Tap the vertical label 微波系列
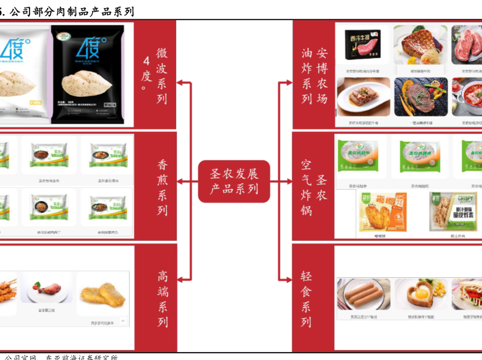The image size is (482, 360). [162, 75]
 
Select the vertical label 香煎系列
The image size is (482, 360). [162, 187]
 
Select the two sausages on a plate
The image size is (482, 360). [363, 294]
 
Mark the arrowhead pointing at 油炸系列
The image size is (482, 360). [288, 84]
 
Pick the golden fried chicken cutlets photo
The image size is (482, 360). [102, 293]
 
